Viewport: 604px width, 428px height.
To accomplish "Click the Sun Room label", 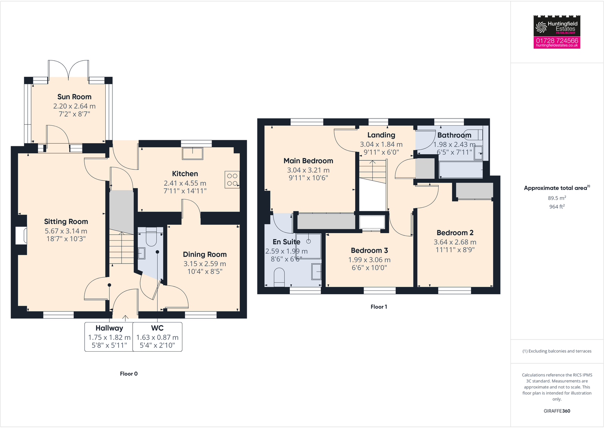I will pyautogui.click(x=74, y=97).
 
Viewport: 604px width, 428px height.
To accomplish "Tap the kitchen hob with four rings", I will pyautogui.click(x=232, y=180).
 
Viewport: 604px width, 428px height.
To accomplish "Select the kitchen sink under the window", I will pyautogui.click(x=193, y=153).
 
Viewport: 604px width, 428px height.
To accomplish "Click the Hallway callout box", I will pyautogui.click(x=109, y=337).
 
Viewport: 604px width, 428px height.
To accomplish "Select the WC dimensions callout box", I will pyautogui.click(x=157, y=337).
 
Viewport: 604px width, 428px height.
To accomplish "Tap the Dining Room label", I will pyautogui.click(x=205, y=254).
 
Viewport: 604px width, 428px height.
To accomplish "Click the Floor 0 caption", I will pyautogui.click(x=129, y=374).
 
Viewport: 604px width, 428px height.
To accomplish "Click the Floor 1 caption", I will pyautogui.click(x=379, y=307).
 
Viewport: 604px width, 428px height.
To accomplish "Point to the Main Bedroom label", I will pyautogui.click(x=308, y=161).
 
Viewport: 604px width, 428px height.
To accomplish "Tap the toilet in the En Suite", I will pyautogui.click(x=279, y=276).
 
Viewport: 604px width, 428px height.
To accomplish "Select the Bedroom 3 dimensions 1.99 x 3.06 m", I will pyautogui.click(x=369, y=260).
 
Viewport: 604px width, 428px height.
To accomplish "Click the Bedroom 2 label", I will pyautogui.click(x=455, y=233).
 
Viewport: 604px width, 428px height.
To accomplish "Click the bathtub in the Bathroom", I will pyautogui.click(x=460, y=170).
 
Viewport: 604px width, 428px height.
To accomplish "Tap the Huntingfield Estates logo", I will pyautogui.click(x=557, y=26).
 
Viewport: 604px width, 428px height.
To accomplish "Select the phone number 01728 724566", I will pyautogui.click(x=557, y=41).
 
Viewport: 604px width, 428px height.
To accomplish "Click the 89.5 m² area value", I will pyautogui.click(x=557, y=198).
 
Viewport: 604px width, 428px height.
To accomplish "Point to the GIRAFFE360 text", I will pyautogui.click(x=557, y=411).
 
